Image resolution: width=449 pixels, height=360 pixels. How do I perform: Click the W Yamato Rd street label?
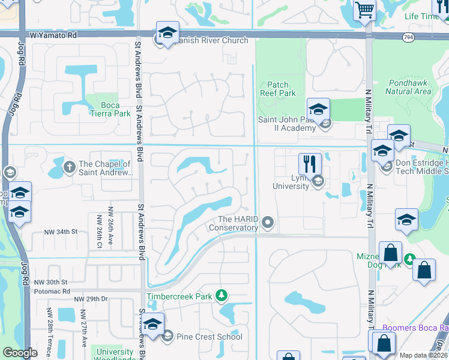(55, 35)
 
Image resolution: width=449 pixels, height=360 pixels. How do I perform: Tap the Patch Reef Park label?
(278, 89)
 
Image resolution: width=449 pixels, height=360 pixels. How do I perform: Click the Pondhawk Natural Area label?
(408, 87)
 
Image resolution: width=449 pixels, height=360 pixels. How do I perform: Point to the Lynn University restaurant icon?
(310, 164)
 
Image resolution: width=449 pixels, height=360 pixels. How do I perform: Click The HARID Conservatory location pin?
(268, 223)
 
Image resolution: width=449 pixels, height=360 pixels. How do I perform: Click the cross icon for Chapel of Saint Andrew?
(70, 165)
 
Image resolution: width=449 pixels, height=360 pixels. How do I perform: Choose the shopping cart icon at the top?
(364, 10)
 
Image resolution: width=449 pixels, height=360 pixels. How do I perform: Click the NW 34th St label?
(61, 232)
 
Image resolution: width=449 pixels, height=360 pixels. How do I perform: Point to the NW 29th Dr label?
(91, 299)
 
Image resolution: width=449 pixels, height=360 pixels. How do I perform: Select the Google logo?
(20, 353)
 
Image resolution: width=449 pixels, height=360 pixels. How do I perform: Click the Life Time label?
(421, 17)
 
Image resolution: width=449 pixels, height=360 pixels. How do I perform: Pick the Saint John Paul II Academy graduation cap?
(318, 109)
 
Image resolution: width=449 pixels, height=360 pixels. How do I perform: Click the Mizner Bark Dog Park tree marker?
(410, 259)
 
